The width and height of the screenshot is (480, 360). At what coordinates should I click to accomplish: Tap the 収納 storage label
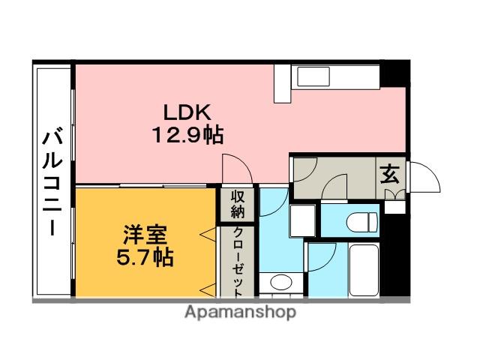(x=238, y=204)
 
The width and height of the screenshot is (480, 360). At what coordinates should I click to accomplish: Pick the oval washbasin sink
(x=280, y=283)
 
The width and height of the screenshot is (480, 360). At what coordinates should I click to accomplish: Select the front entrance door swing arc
(x=421, y=178)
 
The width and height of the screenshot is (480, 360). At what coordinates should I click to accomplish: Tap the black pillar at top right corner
(x=402, y=73)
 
